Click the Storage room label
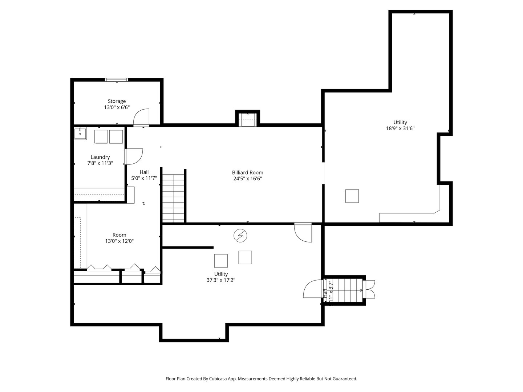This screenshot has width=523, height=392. coord(117,101)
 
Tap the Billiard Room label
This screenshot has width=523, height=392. coord(247,172)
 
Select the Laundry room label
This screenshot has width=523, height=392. coord(100,157)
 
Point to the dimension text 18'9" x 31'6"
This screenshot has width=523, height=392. coord(400,128)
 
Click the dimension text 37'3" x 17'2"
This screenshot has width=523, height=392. coord(221,280)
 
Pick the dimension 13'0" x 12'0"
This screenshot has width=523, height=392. coord(119,241)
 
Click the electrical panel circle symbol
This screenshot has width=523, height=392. coord(240,236)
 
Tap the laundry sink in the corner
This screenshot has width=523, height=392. coord(80,133)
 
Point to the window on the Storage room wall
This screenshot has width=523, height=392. coord(116,79)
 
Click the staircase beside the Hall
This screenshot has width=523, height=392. coord(173,198)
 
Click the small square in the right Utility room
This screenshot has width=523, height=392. coord(352,196)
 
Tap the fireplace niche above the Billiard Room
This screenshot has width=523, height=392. coord(248,119)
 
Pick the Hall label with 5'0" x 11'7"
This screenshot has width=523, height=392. coord(144,175)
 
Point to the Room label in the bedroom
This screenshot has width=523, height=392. coord(119,235)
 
